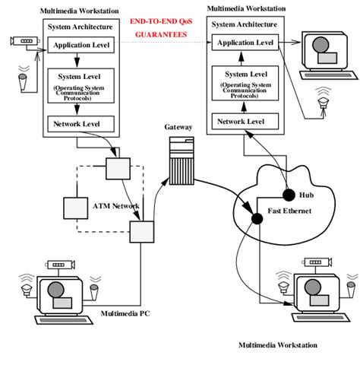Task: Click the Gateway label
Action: (x=178, y=129)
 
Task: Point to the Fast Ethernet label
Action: (x=292, y=210)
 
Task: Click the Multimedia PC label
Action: (x=125, y=313)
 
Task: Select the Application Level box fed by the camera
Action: (x=81, y=46)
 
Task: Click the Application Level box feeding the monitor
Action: (x=243, y=43)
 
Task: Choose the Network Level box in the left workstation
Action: (x=81, y=123)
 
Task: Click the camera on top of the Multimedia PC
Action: (x=61, y=267)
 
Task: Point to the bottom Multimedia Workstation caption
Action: (x=278, y=344)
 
